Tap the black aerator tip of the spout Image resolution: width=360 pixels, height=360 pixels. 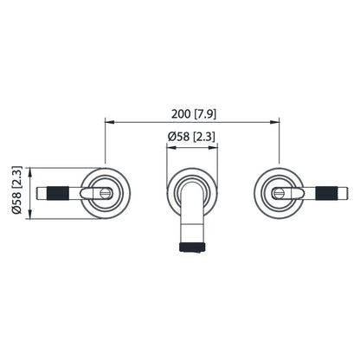[x=191, y=248]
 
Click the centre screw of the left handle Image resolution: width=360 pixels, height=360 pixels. [x=105, y=192]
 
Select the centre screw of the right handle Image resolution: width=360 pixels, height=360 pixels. [x=278, y=192]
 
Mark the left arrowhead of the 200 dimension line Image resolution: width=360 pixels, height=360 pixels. [x=108, y=122]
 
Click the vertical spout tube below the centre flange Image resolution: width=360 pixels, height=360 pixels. [x=191, y=220]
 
